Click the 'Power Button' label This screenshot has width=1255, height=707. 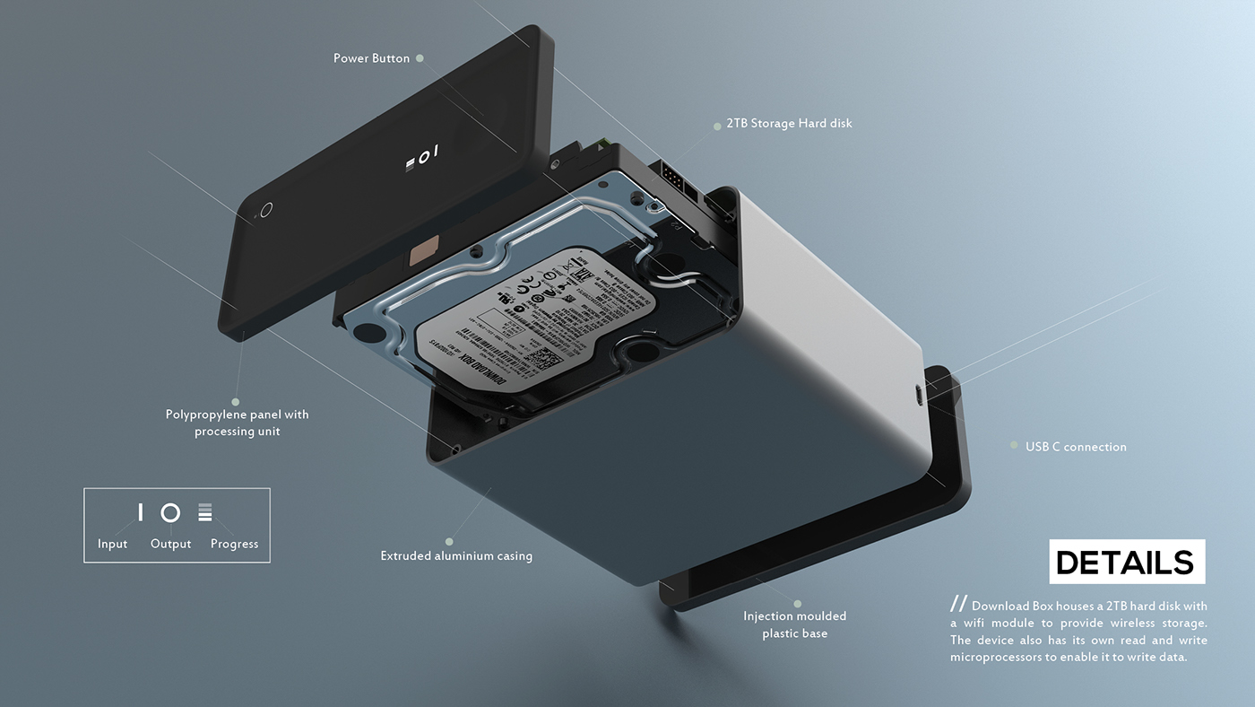point(371,58)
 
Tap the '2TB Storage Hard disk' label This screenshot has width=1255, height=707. point(789,123)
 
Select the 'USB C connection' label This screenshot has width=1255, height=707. point(1076,447)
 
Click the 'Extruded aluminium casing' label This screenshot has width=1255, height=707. point(456,556)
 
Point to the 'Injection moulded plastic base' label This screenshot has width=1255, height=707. point(794,624)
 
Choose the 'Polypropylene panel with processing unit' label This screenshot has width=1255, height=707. point(238,423)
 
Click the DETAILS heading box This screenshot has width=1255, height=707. point(1126,563)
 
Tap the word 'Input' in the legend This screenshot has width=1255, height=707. point(112,544)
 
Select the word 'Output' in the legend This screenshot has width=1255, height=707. point(170,544)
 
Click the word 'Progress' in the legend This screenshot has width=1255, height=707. point(234,544)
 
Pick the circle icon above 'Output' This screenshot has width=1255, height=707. point(170,512)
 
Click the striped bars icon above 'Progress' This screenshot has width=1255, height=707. point(205,512)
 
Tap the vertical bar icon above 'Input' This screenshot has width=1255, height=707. point(140,512)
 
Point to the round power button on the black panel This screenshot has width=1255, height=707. point(264,210)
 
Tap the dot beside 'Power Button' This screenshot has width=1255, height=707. point(420,58)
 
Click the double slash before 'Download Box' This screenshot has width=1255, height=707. point(959,604)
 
